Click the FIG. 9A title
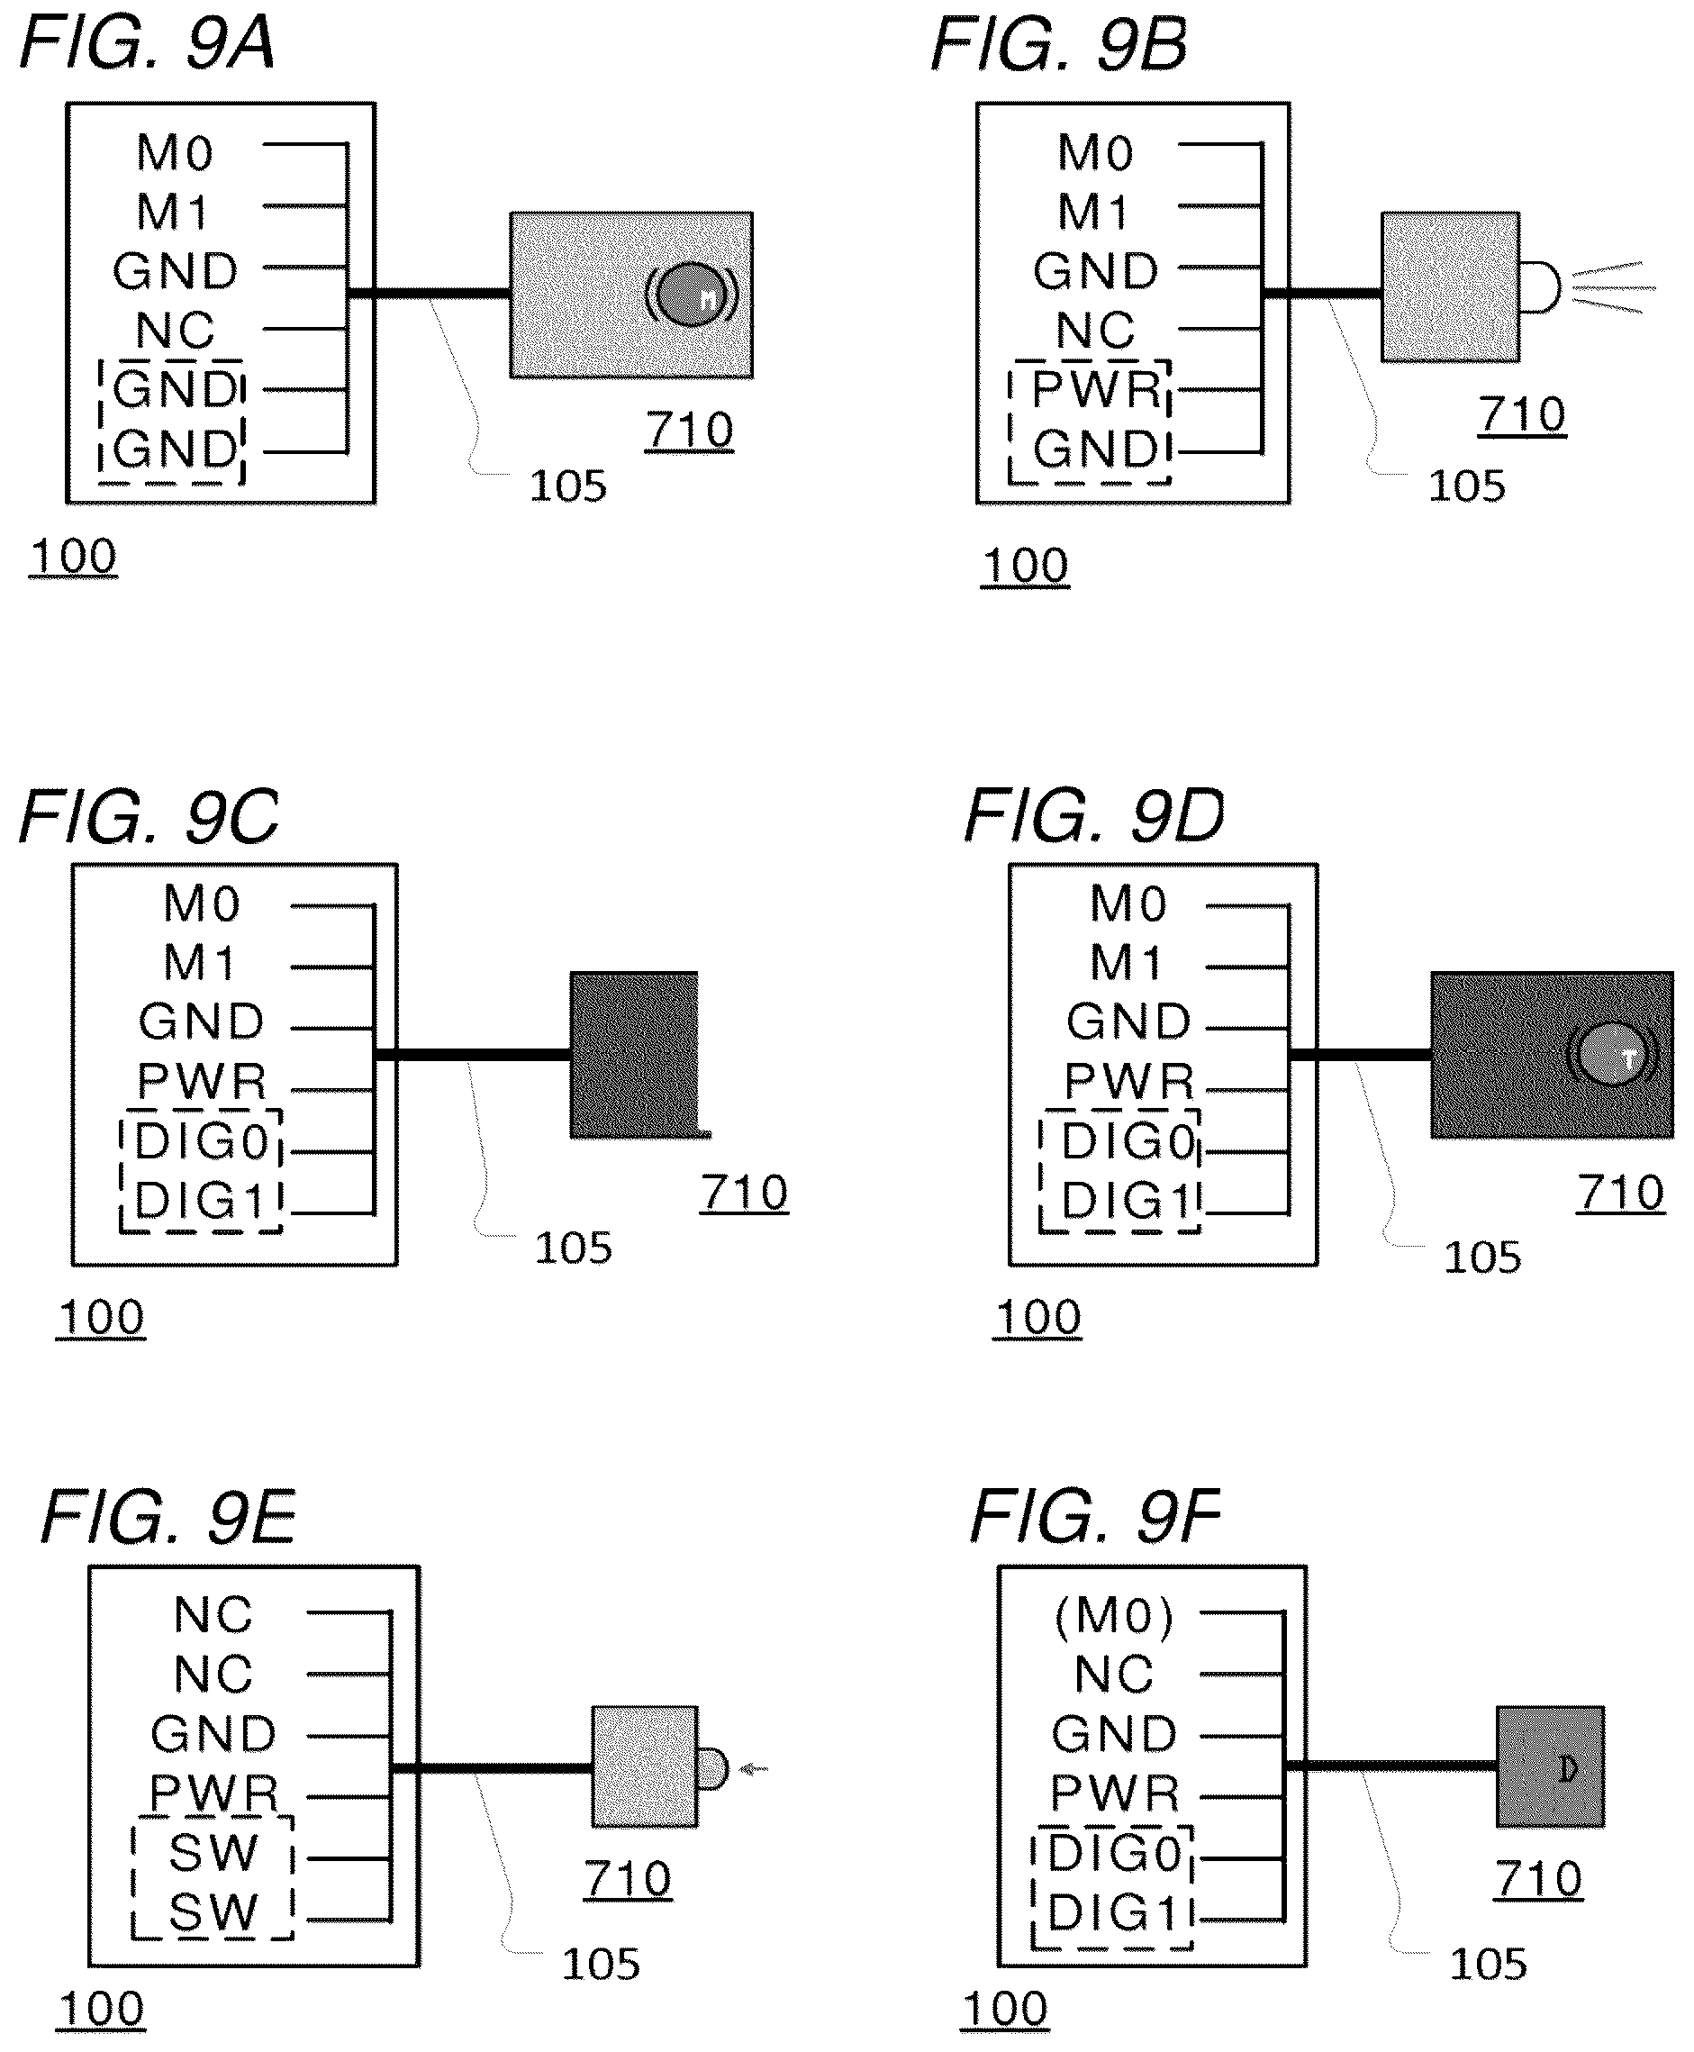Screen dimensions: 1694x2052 (x=147, y=45)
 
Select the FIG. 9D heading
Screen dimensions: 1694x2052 (x=1093, y=816)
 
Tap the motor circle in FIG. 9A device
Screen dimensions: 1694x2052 (x=690, y=294)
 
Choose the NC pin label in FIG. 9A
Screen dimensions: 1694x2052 (x=175, y=331)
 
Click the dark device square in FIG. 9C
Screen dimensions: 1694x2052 (x=634, y=1055)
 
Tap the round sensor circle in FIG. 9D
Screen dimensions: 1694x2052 (x=1611, y=1055)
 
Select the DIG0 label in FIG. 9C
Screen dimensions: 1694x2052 (x=201, y=1141)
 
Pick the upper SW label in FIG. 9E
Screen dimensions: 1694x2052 (x=213, y=1852)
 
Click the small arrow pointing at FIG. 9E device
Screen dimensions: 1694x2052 (x=753, y=1768)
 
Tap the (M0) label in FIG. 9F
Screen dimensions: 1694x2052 (x=1113, y=1616)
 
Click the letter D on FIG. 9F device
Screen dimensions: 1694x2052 (x=1567, y=1768)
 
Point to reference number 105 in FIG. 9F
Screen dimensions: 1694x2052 (x=1488, y=1965)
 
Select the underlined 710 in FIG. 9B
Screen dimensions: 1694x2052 (x=1522, y=415)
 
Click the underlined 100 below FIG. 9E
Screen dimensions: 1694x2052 (x=102, y=2009)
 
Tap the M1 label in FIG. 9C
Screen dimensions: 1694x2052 (x=199, y=963)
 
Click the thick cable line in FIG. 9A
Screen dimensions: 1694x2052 (x=429, y=293)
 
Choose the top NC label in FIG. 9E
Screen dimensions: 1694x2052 (x=213, y=1615)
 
